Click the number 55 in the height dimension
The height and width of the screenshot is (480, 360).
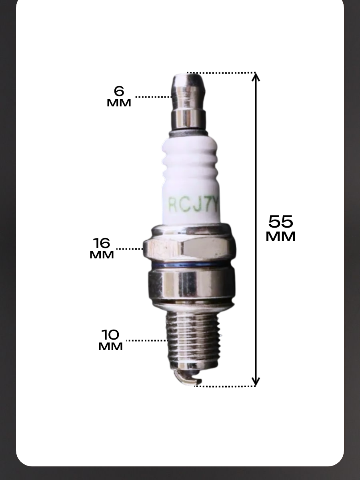tap(280, 222)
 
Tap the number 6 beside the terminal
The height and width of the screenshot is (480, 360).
tap(119, 91)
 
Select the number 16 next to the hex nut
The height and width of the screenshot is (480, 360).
tap(102, 243)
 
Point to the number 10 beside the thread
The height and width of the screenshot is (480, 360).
tap(110, 334)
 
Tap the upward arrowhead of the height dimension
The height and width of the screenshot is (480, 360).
tap(255, 78)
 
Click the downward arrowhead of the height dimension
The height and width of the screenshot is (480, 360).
tap(255, 381)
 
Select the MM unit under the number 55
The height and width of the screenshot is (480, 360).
tap(281, 236)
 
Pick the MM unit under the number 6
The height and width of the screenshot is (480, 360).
tap(119, 103)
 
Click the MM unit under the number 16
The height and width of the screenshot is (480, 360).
tap(102, 255)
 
